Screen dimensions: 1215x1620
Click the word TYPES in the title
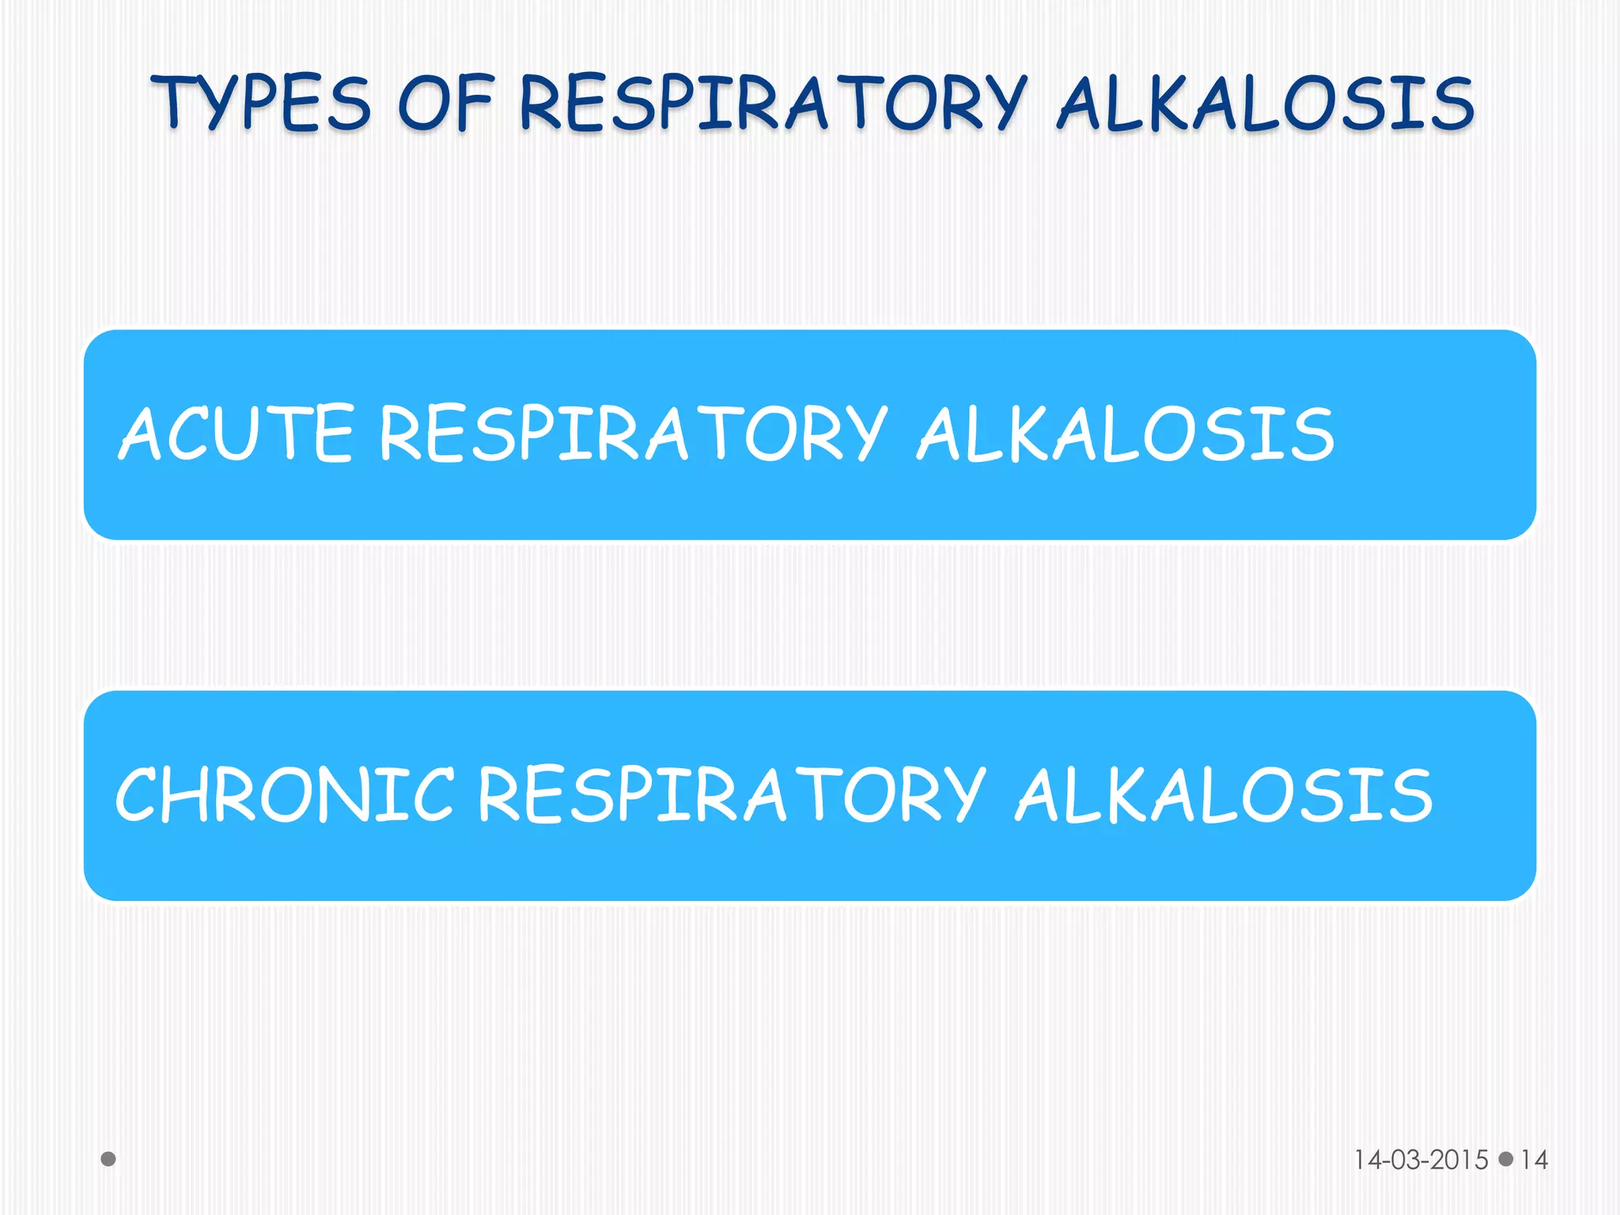tap(261, 103)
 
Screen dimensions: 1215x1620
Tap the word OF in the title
tap(445, 103)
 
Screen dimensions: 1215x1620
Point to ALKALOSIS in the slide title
tap(1266, 103)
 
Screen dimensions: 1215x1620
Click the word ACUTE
tap(236, 433)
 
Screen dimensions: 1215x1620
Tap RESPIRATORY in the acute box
tap(633, 433)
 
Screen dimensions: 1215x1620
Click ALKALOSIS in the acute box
tap(1125, 433)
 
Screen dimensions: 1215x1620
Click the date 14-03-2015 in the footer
tap(1421, 1160)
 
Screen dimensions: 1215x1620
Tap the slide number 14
tap(1534, 1160)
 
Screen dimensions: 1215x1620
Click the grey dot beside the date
tap(1506, 1159)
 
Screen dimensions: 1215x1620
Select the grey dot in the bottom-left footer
tap(108, 1159)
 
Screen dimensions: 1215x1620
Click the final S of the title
tap(1452, 103)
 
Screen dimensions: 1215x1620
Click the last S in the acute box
tap(1312, 433)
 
